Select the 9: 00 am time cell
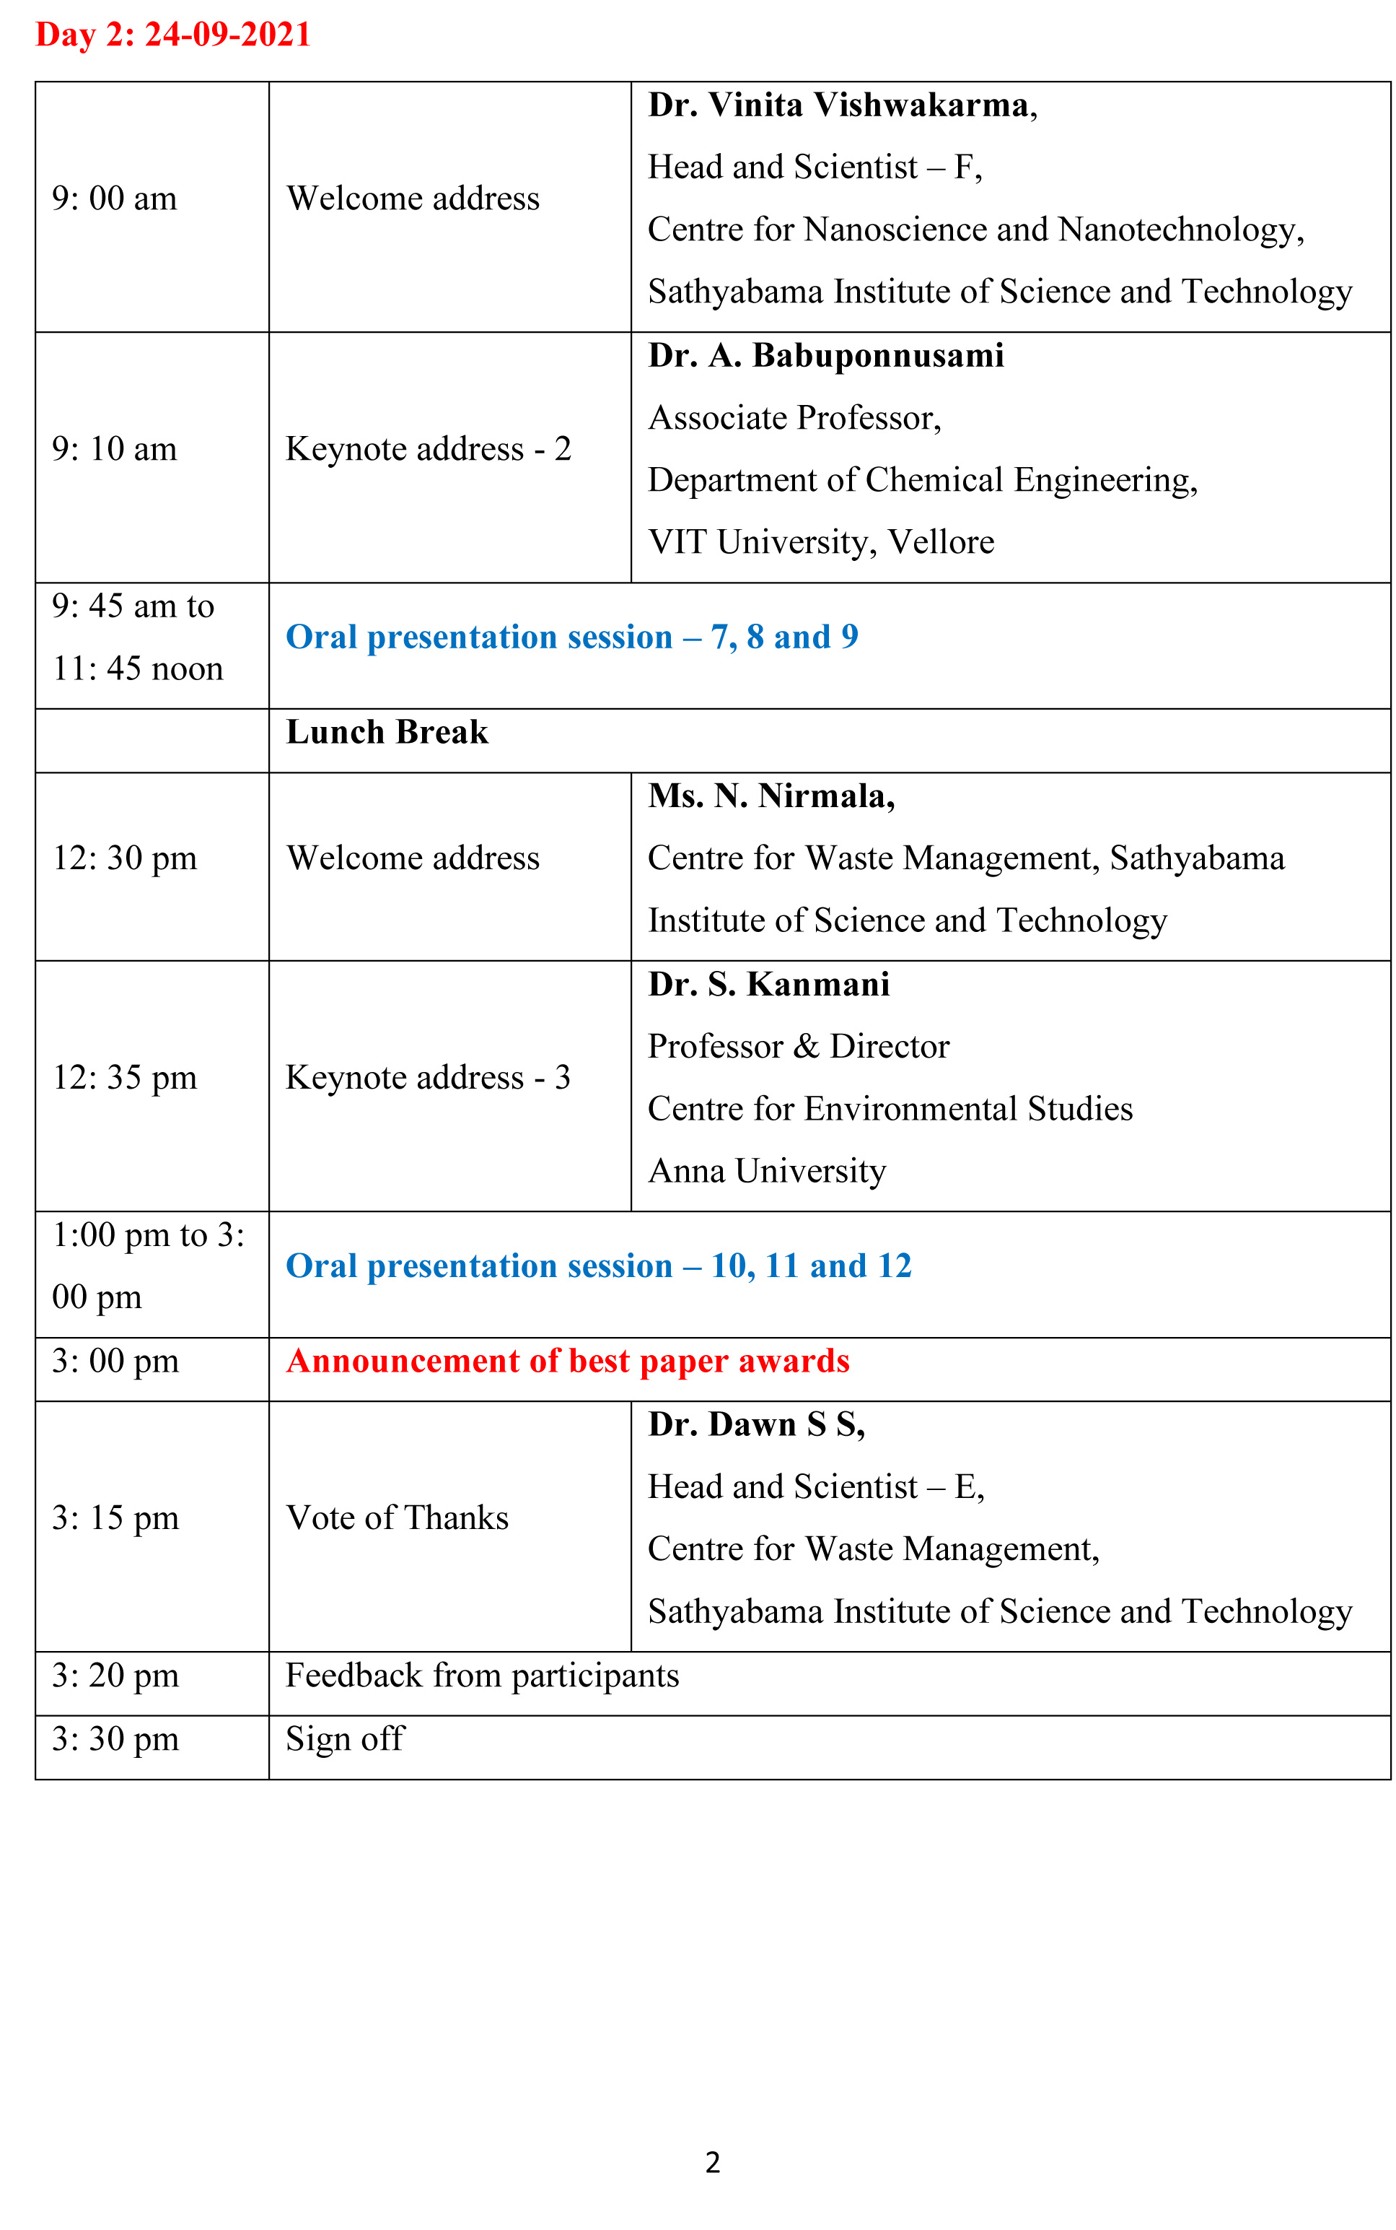tap(115, 199)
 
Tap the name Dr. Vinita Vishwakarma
tap(842, 106)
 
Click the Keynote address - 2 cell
tap(429, 450)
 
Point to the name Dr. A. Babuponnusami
tap(825, 357)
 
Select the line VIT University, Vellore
tap(821, 542)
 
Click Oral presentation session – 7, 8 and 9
tap(571, 637)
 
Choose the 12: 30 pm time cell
tap(125, 859)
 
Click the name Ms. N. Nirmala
tap(771, 796)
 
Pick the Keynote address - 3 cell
tap(429, 1078)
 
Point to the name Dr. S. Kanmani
tap(768, 985)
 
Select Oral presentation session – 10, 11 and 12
tap(598, 1266)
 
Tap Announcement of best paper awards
tap(568, 1362)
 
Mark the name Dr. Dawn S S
tap(756, 1425)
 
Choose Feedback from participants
tap(482, 1676)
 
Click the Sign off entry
tap(344, 1740)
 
